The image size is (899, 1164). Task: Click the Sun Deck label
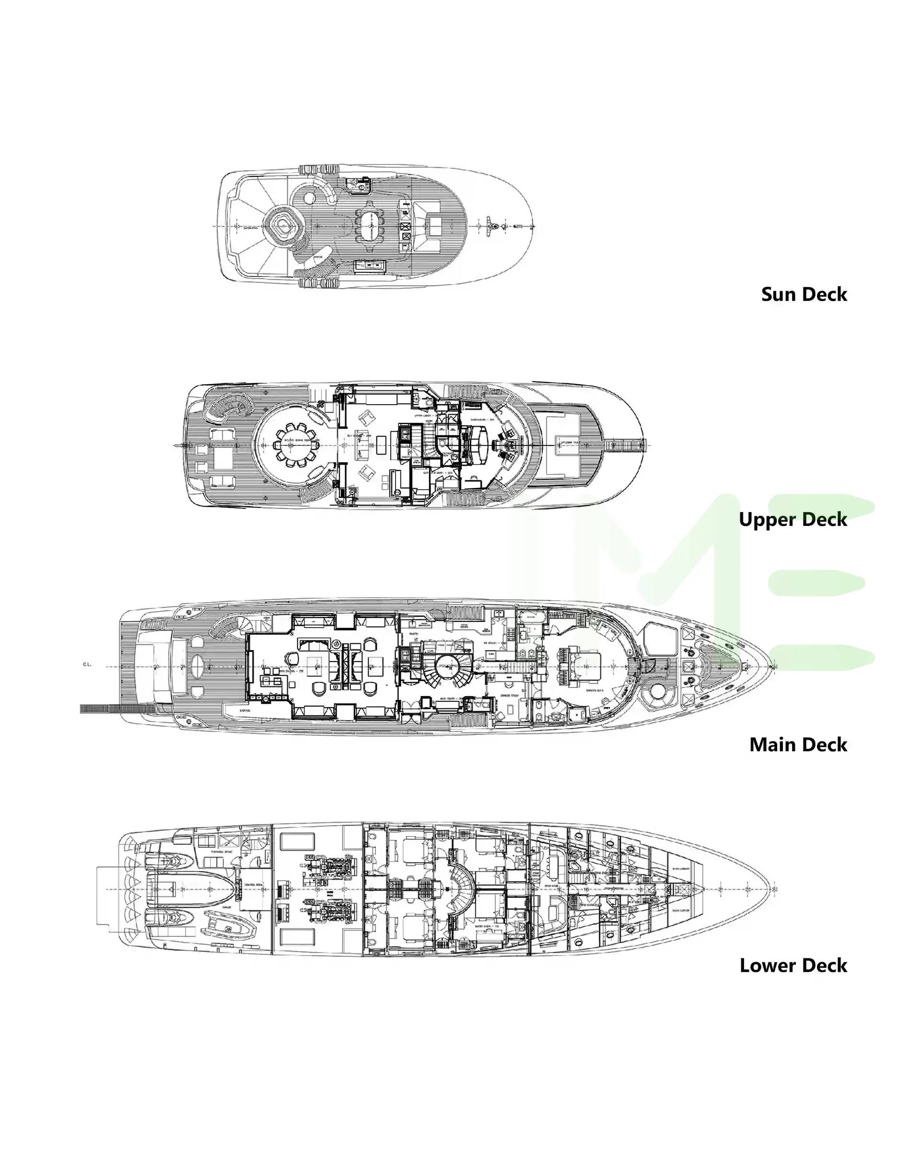[x=804, y=294]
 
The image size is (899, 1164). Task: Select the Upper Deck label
[x=793, y=519]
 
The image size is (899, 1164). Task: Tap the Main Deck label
[x=798, y=745]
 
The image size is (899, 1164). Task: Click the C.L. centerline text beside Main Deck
[x=87, y=664]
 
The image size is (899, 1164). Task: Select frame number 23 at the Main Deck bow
[x=774, y=666]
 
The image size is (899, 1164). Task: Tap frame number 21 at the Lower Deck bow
[x=720, y=889]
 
